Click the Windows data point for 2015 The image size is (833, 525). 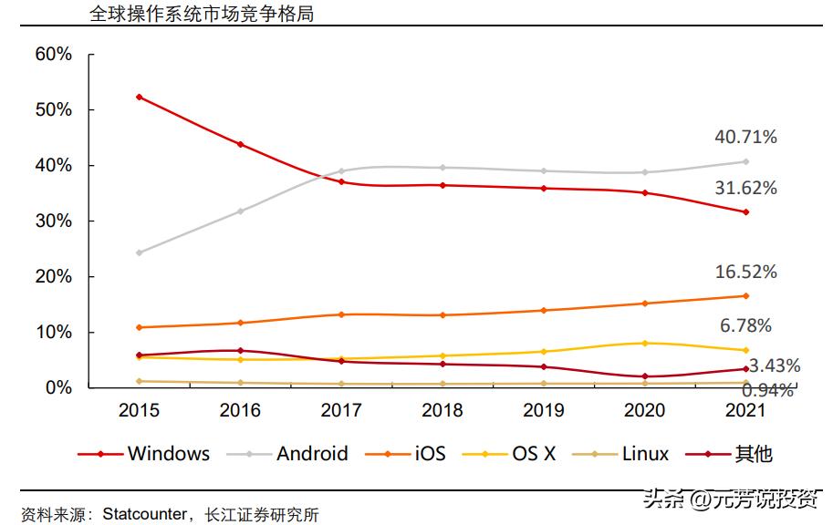tap(139, 97)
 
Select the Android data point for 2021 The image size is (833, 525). tap(745, 161)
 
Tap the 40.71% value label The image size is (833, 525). tap(745, 138)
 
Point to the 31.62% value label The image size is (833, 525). tap(745, 189)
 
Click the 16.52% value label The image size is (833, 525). tap(745, 272)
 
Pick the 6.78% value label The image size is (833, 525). tap(745, 325)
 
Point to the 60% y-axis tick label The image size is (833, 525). tap(53, 54)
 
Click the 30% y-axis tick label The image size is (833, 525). tap(53, 221)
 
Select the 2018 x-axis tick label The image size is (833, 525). tap(443, 410)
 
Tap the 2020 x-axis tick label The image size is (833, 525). tap(644, 410)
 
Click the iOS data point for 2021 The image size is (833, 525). tap(745, 295)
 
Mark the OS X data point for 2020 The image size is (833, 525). tap(644, 343)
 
